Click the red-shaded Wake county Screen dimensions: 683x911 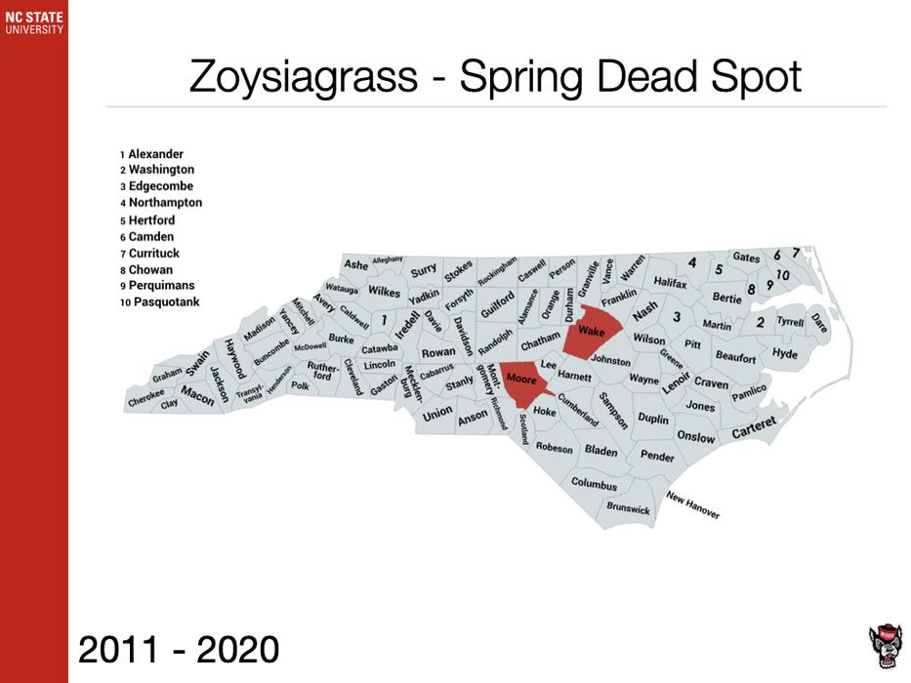592,333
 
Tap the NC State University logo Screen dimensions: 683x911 33,22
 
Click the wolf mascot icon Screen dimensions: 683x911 885,645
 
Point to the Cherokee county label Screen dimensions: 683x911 145,397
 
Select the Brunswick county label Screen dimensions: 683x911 628,508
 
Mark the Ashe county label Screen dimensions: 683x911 355,265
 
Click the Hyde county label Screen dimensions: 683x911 784,353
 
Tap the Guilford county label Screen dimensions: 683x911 497,298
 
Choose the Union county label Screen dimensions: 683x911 437,413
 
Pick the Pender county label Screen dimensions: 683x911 657,456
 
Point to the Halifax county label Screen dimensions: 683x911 671,282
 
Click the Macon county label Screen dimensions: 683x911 197,396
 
